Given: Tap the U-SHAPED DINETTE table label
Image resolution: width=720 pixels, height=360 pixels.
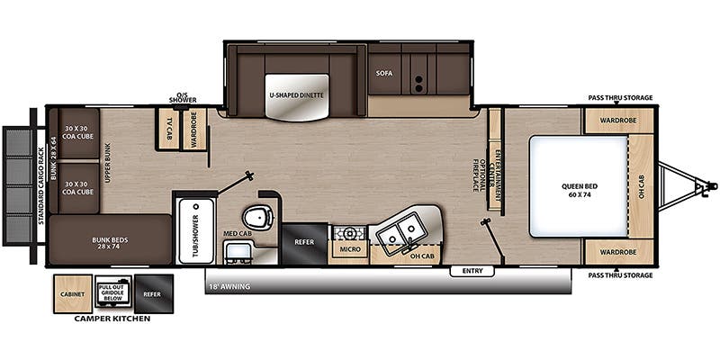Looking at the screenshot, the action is (x=297, y=95).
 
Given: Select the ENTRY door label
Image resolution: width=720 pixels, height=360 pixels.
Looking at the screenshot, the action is (x=472, y=271).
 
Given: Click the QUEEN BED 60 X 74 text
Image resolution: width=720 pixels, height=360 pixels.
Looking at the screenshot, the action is (x=578, y=190).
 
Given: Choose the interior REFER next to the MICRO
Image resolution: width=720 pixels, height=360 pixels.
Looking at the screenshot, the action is (x=304, y=243).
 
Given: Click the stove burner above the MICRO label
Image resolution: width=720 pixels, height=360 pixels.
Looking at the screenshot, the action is (x=350, y=234).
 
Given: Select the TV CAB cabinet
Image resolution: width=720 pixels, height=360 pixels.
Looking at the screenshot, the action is (x=168, y=129).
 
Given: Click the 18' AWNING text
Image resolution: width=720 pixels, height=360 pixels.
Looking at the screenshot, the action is (x=229, y=287).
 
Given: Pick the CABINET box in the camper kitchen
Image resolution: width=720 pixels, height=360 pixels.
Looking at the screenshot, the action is (x=73, y=294).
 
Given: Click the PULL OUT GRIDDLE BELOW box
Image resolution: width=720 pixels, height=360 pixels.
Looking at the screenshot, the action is (x=113, y=292).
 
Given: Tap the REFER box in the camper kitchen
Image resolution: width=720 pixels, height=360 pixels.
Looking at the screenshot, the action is (x=153, y=294).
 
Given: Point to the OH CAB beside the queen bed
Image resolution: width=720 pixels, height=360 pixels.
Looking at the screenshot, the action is (x=641, y=186).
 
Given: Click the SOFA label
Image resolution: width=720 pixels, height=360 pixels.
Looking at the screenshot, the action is (x=384, y=73).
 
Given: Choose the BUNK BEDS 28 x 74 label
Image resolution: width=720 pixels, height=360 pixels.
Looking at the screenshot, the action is (x=110, y=243).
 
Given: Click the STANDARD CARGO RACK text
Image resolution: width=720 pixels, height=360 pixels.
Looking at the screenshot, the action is (x=40, y=186).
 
